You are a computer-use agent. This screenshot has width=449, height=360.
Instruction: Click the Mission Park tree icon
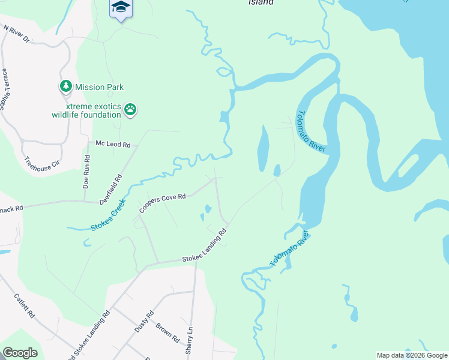(65, 87)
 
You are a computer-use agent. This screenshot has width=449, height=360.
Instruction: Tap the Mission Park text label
(99, 87)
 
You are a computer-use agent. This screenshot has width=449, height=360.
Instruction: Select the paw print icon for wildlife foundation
(131, 109)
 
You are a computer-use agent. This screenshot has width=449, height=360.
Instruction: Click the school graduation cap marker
(121, 7)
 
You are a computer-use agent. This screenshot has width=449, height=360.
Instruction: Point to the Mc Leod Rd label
(113, 144)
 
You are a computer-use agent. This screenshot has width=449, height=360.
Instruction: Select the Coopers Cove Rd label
(163, 203)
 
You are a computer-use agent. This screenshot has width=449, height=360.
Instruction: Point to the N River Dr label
(16, 34)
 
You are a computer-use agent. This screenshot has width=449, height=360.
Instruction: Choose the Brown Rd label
(167, 333)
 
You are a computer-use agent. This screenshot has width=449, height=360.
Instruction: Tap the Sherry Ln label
(189, 338)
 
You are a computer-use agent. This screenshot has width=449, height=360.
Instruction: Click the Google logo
(20, 353)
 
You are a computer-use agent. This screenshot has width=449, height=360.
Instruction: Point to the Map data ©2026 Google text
(411, 355)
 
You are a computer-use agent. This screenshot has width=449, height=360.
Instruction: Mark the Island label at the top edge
(261, 2)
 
